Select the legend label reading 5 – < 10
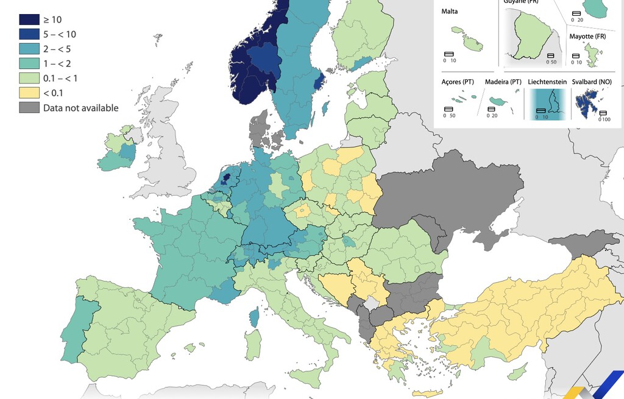[59, 34]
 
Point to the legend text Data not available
[80, 108]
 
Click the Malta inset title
[450, 12]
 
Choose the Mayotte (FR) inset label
[587, 37]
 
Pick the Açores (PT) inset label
[458, 82]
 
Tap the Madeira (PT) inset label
[503, 82]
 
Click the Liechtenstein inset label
[547, 82]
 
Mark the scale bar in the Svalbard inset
[603, 113]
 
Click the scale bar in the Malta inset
[449, 54]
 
